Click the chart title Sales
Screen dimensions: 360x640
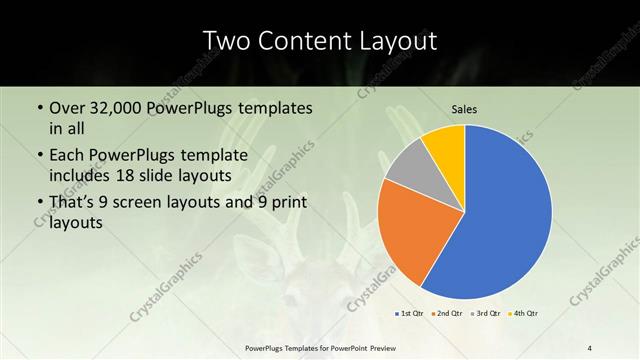(464, 108)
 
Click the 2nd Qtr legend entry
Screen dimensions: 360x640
(445, 314)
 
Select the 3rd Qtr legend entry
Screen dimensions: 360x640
(487, 314)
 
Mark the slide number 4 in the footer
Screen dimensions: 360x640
(590, 347)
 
